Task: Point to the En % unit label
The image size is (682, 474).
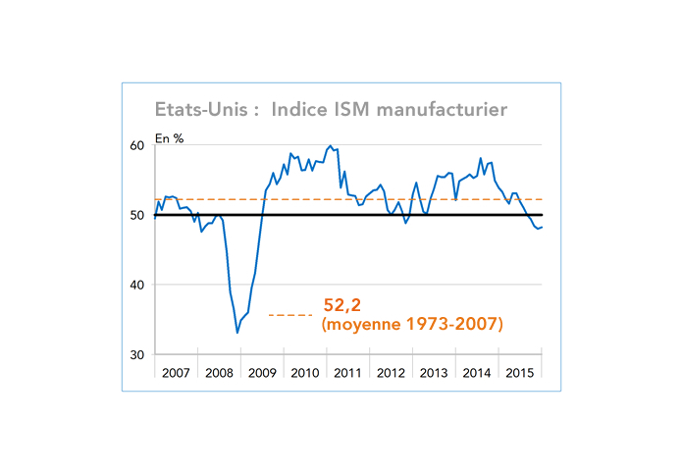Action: pos(170,138)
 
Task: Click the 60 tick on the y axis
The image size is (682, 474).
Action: pos(137,146)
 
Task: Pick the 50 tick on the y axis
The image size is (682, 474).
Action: pos(137,216)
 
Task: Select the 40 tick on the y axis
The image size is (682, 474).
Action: pos(137,286)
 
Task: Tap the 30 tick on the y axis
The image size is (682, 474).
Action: pos(137,355)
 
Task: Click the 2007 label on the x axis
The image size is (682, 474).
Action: pos(177,373)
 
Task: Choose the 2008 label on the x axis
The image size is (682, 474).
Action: pos(220,373)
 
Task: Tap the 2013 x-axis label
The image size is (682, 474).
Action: pos(435,373)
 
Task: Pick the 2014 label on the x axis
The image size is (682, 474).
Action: pos(478,373)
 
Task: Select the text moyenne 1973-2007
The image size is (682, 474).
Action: pos(412,323)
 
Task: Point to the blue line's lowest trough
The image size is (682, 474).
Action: pos(236,333)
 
